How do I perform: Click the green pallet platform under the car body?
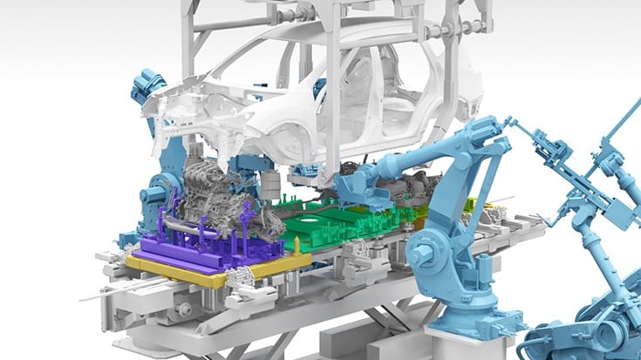click(x=349, y=228)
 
